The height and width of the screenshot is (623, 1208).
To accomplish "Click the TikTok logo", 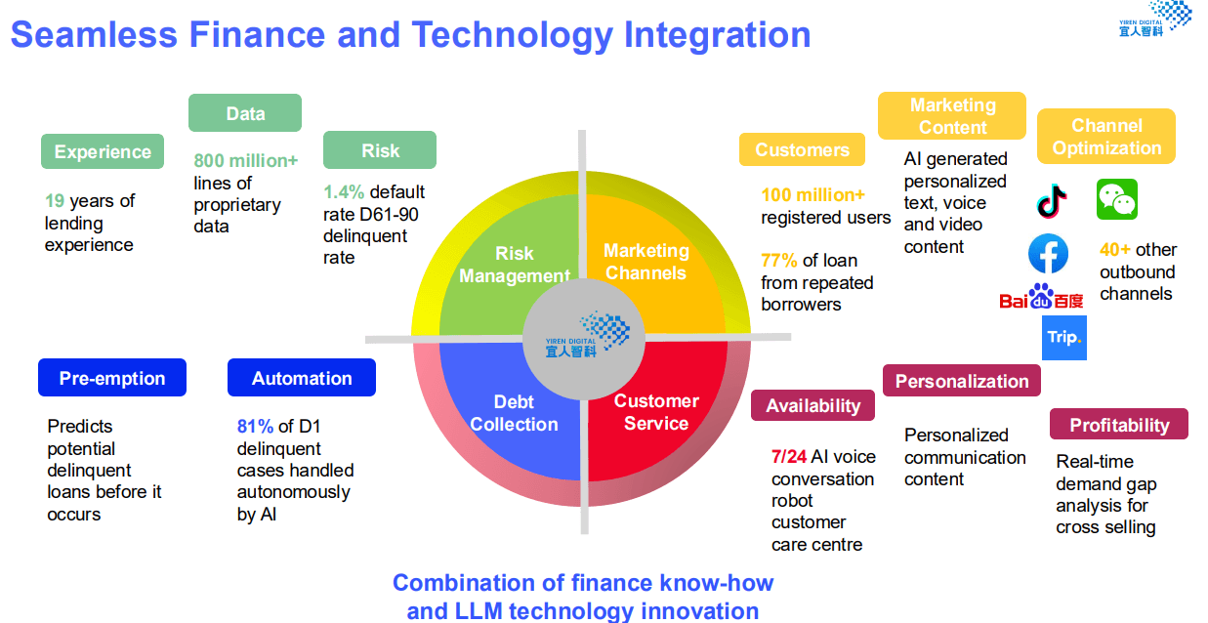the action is coord(1051,201).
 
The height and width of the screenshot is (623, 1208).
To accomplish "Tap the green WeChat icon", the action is coord(1117,199).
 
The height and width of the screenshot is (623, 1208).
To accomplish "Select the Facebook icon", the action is coord(1048,254).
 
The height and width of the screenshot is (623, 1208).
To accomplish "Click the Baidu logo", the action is coord(1041,297).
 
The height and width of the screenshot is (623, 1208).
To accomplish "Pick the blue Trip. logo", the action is coord(1064,338).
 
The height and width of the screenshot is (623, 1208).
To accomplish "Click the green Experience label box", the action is coord(103,151).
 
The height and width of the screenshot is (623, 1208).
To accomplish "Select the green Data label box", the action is coord(245,112).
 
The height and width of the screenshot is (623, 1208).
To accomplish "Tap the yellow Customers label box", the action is coord(802,149).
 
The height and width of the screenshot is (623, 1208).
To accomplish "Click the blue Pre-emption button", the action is coord(112,378).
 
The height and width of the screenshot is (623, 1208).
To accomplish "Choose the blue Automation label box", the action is coord(302,378).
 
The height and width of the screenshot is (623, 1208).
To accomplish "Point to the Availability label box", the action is coord(812,405).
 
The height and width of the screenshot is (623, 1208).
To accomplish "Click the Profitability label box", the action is coord(1119,424).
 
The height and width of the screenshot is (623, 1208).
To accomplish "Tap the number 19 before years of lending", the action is coord(55,200).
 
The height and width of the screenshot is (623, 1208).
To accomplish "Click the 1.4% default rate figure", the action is coord(344,191).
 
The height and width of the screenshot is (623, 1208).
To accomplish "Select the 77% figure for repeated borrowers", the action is coord(778,261).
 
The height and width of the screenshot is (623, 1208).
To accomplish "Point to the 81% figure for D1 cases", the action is coord(255,427).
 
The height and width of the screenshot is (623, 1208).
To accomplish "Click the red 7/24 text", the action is coord(789,457).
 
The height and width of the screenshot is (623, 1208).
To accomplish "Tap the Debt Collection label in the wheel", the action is coord(514,413).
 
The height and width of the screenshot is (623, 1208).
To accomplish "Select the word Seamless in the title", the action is coord(94,34).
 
